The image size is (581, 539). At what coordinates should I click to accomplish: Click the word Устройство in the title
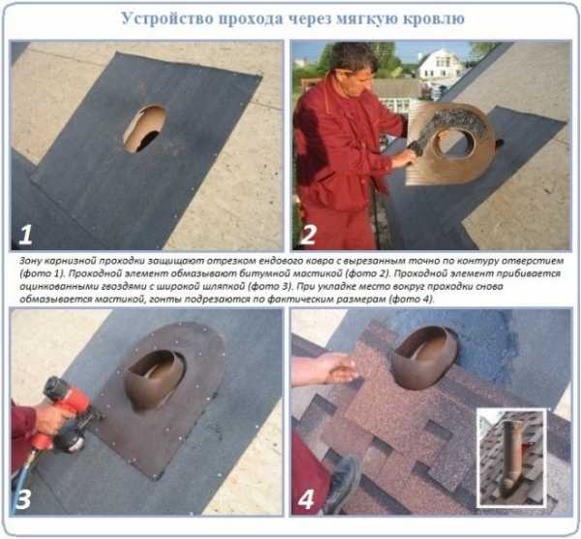click(168, 18)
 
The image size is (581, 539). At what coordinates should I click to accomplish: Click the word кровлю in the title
click(434, 19)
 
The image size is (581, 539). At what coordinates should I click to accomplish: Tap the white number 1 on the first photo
click(25, 235)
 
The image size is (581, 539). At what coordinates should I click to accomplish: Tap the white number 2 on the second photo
click(309, 235)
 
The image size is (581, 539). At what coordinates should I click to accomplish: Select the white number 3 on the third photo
click(22, 498)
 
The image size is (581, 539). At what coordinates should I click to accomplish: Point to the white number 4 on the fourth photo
click(306, 499)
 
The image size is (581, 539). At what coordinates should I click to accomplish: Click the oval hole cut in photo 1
click(144, 128)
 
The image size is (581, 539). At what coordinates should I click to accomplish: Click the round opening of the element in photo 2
click(451, 143)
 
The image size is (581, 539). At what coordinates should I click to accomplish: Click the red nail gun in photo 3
click(68, 414)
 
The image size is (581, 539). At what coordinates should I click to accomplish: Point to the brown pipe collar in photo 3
click(153, 380)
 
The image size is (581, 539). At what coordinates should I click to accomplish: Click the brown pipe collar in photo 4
click(424, 357)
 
